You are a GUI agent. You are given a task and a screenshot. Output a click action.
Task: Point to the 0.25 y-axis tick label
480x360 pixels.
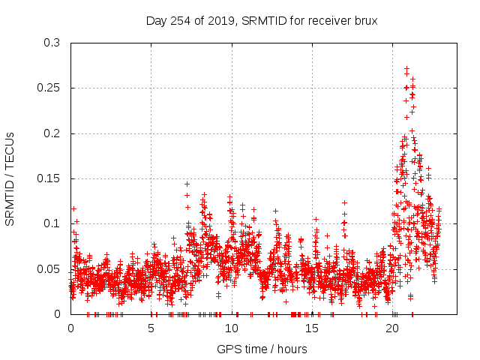tap(51, 88)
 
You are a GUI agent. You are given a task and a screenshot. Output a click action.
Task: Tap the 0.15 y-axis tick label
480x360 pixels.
tap(51, 178)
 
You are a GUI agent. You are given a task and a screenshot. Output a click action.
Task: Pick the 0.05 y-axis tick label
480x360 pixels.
tap(51, 268)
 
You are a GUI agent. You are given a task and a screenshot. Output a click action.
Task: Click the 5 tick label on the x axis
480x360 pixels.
tap(151, 328)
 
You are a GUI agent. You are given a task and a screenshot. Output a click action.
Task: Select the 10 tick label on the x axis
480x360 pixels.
tap(232, 328)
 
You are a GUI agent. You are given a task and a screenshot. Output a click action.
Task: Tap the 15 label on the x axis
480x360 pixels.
tap(312, 328)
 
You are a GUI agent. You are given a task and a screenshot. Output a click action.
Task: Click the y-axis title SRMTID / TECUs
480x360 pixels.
tap(10, 178)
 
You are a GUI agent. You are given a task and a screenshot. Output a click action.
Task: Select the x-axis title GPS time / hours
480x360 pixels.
tap(262, 349)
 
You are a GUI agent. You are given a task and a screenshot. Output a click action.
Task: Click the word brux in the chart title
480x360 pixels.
tap(365, 20)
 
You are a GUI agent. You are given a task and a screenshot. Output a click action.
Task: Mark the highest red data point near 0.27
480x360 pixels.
tap(406, 68)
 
